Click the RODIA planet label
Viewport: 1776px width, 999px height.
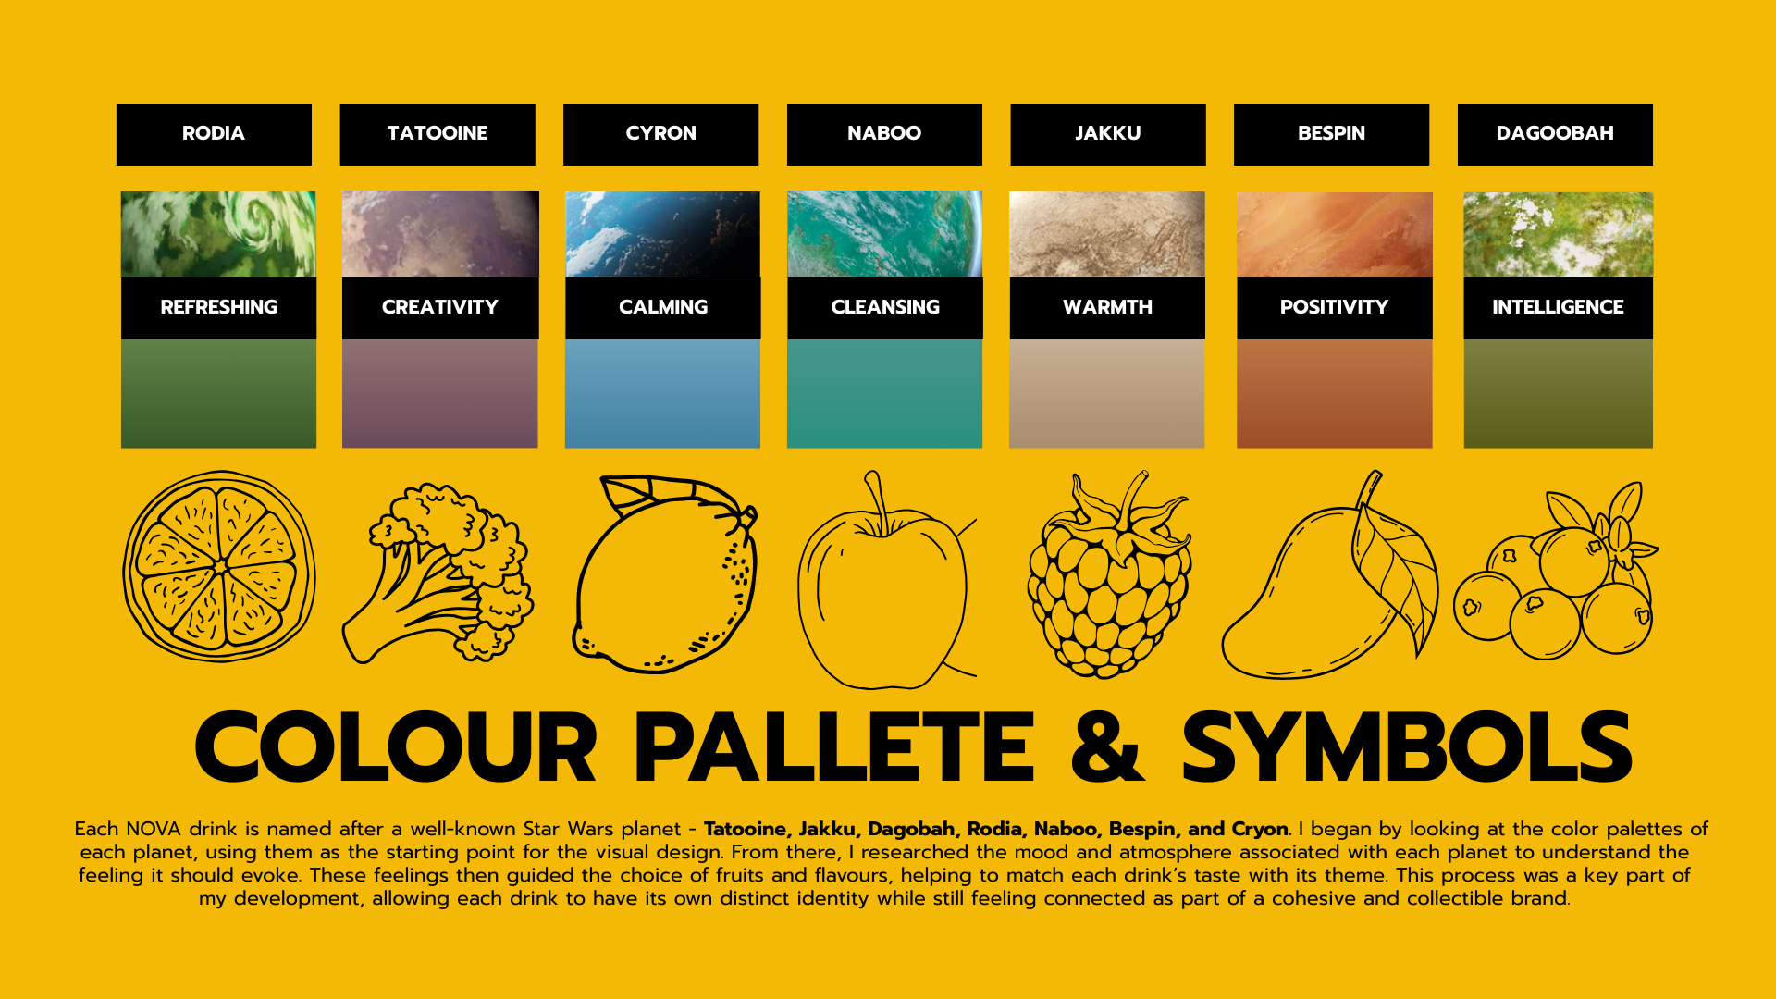click(214, 133)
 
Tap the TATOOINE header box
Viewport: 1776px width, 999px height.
click(438, 134)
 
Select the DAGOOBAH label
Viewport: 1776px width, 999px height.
click(1555, 134)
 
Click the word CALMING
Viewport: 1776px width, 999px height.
click(663, 307)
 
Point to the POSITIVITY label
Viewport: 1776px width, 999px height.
click(1334, 308)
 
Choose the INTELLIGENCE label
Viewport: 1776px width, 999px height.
click(1558, 308)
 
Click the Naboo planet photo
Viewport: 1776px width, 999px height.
click(885, 234)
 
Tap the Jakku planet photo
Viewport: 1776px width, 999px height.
click(1107, 234)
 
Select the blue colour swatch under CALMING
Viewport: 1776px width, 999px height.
click(662, 394)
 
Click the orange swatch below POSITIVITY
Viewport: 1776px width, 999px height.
click(1334, 394)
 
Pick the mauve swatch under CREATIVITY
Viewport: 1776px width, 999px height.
click(439, 394)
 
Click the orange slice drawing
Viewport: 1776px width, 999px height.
click(219, 566)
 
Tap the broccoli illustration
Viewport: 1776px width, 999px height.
click(438, 573)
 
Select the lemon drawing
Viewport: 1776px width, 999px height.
click(665, 573)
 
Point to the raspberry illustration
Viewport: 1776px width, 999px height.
click(1109, 575)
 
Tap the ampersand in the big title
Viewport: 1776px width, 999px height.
click(1107, 746)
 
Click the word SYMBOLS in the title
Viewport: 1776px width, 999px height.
click(1407, 746)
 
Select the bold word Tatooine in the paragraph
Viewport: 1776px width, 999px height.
click(746, 829)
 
